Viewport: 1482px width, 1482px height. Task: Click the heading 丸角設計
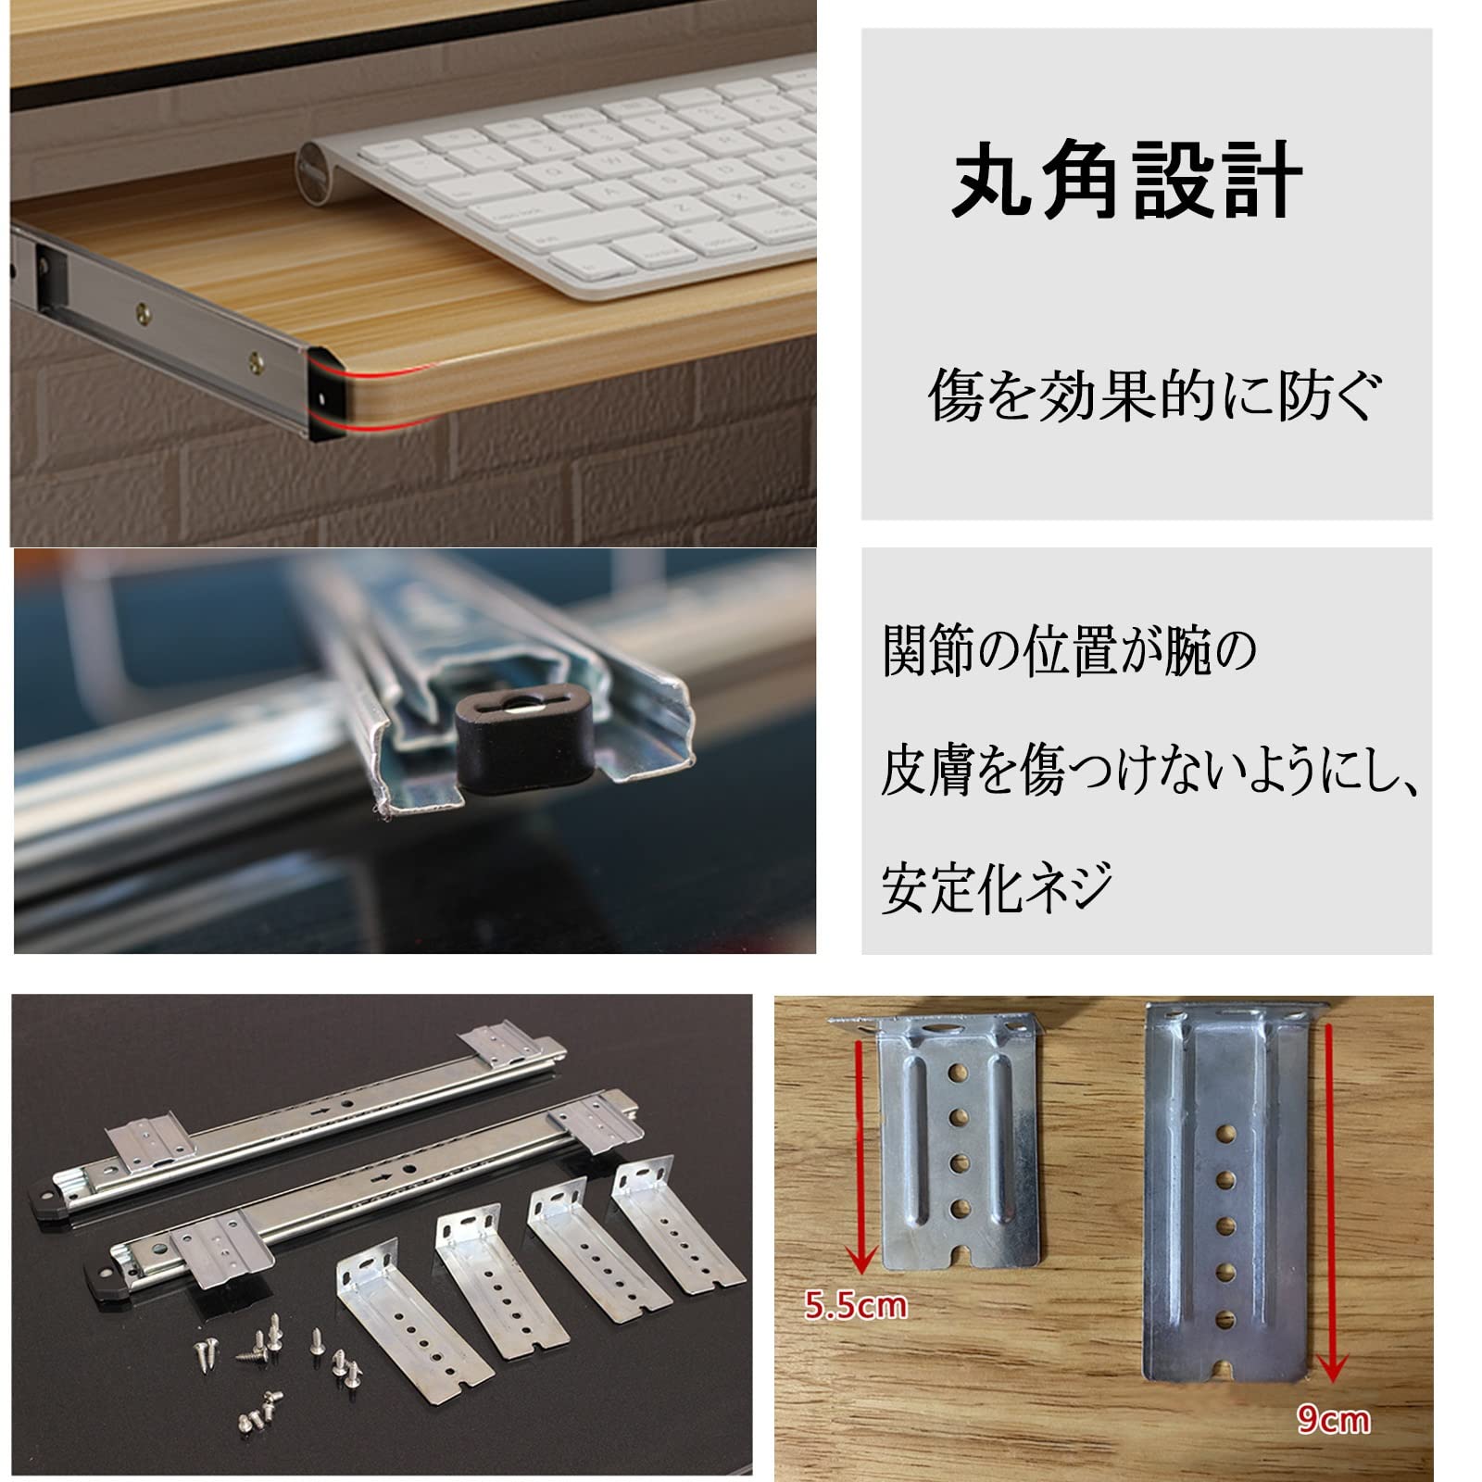[1127, 182]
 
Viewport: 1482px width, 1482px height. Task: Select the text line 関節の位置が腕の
[1070, 651]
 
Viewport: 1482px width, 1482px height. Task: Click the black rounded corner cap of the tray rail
[329, 396]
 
